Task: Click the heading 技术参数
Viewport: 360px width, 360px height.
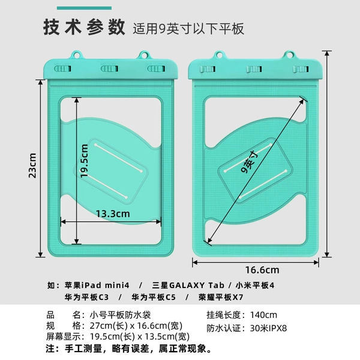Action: coord(84,28)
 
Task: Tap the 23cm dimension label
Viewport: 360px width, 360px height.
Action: coord(32,166)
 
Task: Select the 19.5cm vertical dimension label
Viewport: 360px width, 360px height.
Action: coord(84,161)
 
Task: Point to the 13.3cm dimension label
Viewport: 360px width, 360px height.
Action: coord(113,214)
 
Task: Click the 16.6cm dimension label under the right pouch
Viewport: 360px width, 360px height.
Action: coord(262,270)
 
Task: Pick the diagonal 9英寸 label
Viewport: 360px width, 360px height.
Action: coord(250,161)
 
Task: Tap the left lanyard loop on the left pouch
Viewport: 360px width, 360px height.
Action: coord(77,55)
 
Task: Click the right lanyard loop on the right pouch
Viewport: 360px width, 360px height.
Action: coord(290,55)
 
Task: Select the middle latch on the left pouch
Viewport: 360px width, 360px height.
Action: coord(110,68)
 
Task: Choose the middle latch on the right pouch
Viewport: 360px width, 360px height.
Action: coord(254,69)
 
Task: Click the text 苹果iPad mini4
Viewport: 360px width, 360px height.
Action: coord(97,286)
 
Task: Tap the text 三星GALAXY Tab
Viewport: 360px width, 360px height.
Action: coord(188,286)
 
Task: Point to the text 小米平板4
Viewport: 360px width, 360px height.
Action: coord(255,286)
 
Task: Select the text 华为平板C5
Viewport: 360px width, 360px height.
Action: coord(154,298)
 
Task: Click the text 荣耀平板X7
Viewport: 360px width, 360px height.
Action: coord(221,298)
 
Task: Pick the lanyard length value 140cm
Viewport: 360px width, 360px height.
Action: coord(263,315)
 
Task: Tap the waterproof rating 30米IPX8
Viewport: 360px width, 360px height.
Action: coord(268,328)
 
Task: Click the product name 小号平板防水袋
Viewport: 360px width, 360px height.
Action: coord(120,315)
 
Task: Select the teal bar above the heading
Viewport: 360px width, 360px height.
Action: coord(84,8)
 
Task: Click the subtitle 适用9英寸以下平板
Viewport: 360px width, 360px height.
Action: coord(188,29)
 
